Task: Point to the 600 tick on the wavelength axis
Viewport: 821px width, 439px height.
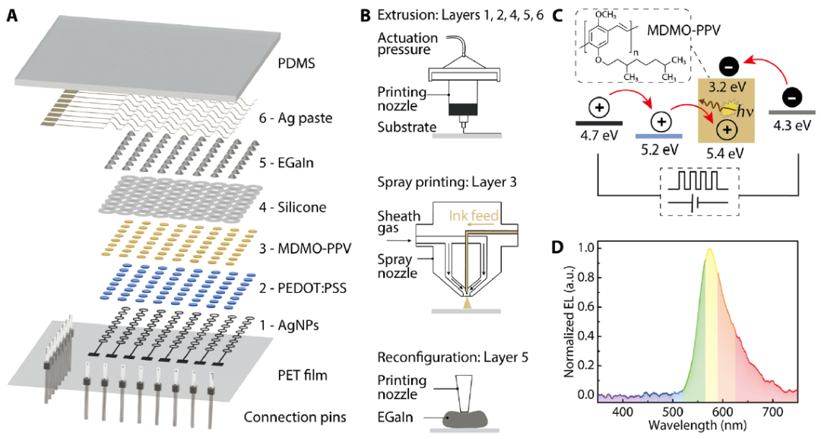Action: pos(696,412)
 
